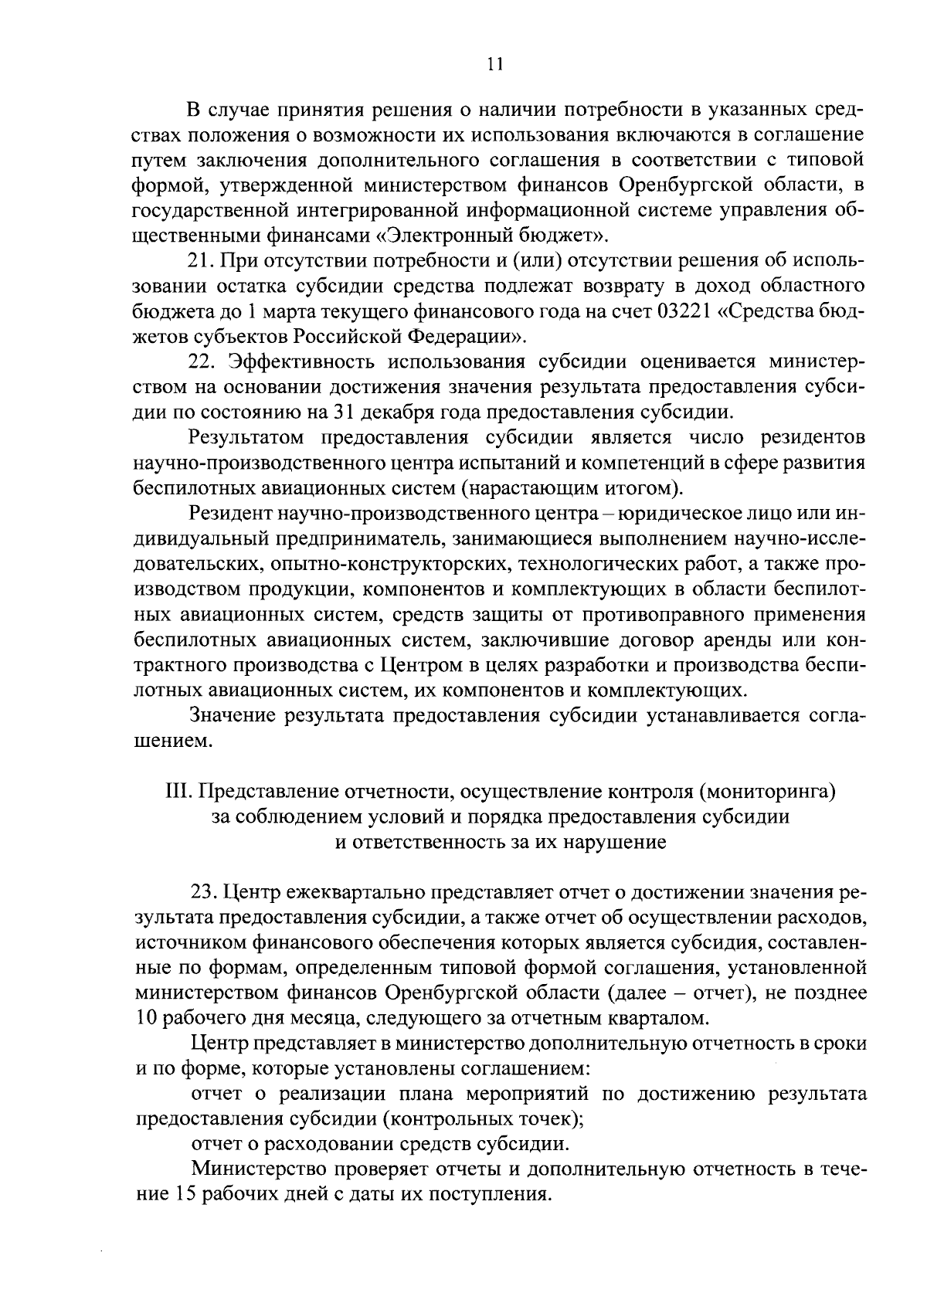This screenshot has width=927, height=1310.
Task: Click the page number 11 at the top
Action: (x=496, y=65)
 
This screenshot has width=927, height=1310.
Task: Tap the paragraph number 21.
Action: (x=201, y=261)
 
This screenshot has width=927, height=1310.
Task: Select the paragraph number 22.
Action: (x=202, y=361)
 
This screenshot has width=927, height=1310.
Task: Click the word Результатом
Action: (x=249, y=437)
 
